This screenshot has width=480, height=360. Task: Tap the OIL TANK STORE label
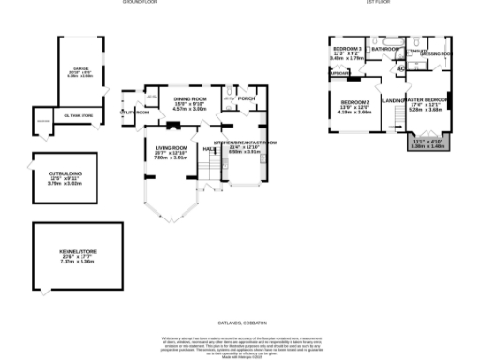(x=80, y=116)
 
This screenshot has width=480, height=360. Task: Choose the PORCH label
(x=247, y=97)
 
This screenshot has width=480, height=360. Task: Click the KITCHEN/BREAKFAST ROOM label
(x=246, y=142)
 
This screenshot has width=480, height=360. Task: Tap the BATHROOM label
(x=385, y=49)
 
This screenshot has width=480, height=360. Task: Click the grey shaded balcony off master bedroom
(x=427, y=142)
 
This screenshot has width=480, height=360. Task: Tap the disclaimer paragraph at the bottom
(x=240, y=344)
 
